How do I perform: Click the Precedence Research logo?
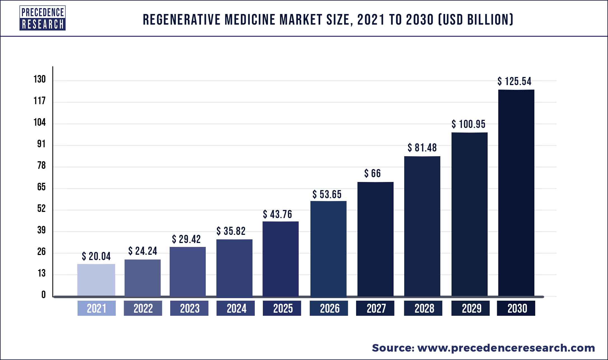point(43,18)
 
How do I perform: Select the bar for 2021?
point(96,280)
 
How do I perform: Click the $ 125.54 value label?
point(514,81)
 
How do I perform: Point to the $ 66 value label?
point(372,174)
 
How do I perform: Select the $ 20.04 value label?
point(96,256)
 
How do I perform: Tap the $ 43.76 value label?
point(277,214)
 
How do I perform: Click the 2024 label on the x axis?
point(236,308)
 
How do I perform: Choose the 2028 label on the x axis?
point(423,308)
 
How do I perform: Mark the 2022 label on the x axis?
point(143,308)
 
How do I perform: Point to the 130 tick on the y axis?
point(39,80)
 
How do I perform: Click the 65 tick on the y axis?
point(41,187)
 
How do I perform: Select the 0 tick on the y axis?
point(43,295)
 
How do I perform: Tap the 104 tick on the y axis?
point(39,123)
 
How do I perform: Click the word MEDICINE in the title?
point(250,20)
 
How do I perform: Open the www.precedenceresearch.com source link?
point(506,348)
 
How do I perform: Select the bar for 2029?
point(469,214)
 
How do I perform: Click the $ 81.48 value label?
point(422,148)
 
